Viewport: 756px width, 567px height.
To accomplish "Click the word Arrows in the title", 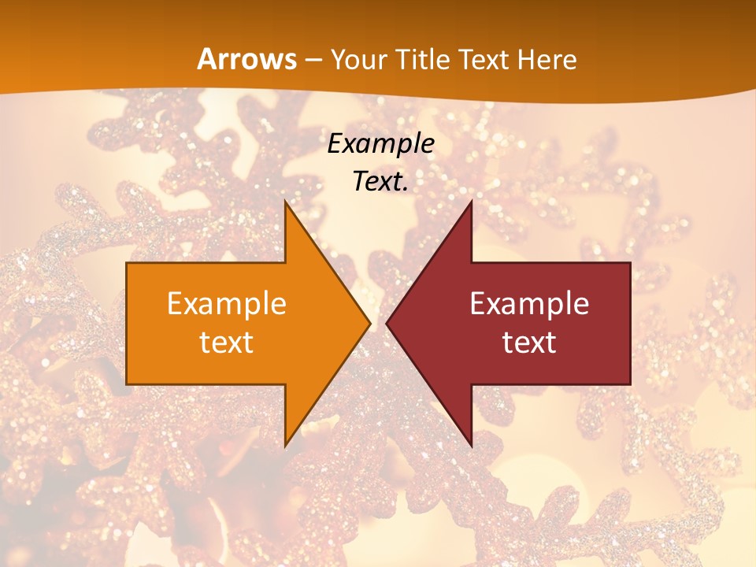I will (246, 59).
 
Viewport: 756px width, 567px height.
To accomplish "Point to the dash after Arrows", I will (313, 60).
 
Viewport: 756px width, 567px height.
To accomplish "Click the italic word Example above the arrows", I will (381, 144).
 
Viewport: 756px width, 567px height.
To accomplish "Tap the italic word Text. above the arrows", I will (381, 181).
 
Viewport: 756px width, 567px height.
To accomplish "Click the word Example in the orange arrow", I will (227, 303).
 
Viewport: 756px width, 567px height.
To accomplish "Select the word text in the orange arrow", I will (227, 342).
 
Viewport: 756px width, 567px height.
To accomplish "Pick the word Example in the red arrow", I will (529, 303).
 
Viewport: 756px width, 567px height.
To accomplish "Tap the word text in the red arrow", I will (529, 342).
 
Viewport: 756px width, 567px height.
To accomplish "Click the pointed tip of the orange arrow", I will (370, 323).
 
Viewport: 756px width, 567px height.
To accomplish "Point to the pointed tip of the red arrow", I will (387, 323).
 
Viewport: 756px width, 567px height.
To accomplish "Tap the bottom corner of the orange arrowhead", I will (285, 446).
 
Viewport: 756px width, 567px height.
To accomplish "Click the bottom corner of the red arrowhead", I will (471, 446).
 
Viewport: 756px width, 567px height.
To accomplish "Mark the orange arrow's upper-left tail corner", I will (127, 263).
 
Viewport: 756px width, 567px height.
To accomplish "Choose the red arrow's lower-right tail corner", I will (630, 384).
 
